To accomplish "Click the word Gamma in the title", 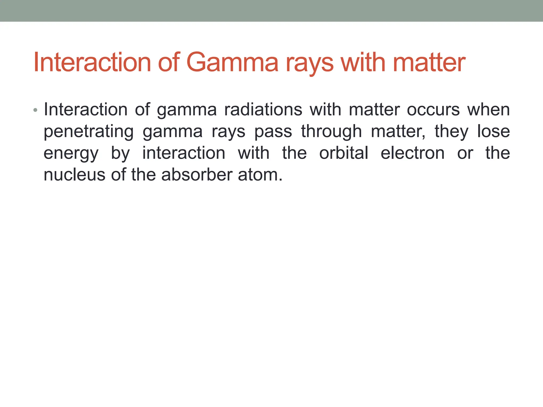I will (233, 63).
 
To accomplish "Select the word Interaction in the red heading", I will (92, 63).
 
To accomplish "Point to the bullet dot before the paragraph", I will (36, 110).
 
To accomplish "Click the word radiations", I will (263, 109).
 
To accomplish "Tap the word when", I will (488, 109).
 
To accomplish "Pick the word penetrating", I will (89, 132).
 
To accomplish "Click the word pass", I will (273, 132).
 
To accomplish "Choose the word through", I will (331, 132).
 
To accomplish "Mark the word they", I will (452, 132).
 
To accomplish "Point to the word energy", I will (71, 154).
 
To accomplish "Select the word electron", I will (413, 153).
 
